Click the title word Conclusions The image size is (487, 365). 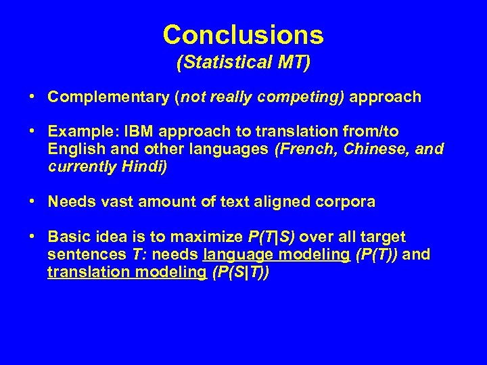pos(243,34)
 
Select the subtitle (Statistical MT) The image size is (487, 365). pos(243,64)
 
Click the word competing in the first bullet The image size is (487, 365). pos(312,97)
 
